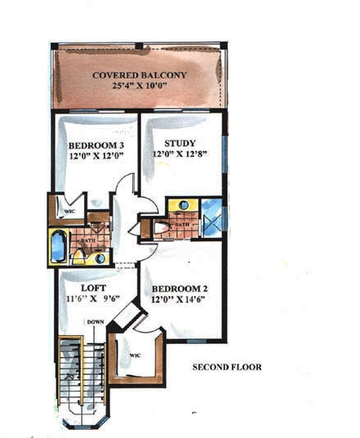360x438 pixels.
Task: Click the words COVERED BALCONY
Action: click(140, 75)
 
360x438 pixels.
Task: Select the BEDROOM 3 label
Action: click(91, 147)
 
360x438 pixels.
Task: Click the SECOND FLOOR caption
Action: click(227, 367)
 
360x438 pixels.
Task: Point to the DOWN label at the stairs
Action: click(96, 322)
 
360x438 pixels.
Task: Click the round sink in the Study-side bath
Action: click(184, 205)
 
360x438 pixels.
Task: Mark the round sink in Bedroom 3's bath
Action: click(100, 258)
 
